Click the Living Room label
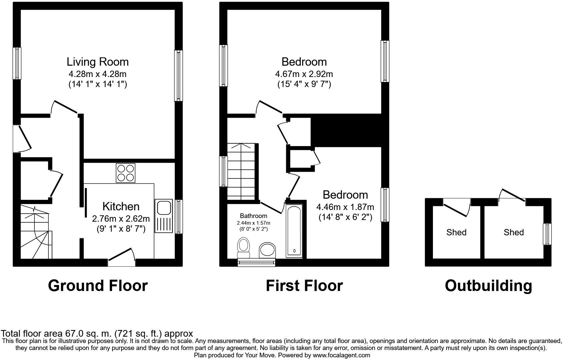tap(97, 62)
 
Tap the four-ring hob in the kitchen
tap(126, 173)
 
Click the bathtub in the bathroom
tap(294, 231)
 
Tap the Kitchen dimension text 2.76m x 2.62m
tap(121, 219)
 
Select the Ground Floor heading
tap(98, 286)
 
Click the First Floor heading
tap(304, 286)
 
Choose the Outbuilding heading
tap(488, 286)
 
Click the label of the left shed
tap(456, 232)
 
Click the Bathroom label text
tap(253, 216)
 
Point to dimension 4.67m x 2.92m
tap(304, 74)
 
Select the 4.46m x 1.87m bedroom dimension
tap(345, 207)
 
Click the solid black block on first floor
tap(347, 130)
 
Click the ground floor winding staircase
tap(35, 232)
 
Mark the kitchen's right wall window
tap(178, 216)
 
